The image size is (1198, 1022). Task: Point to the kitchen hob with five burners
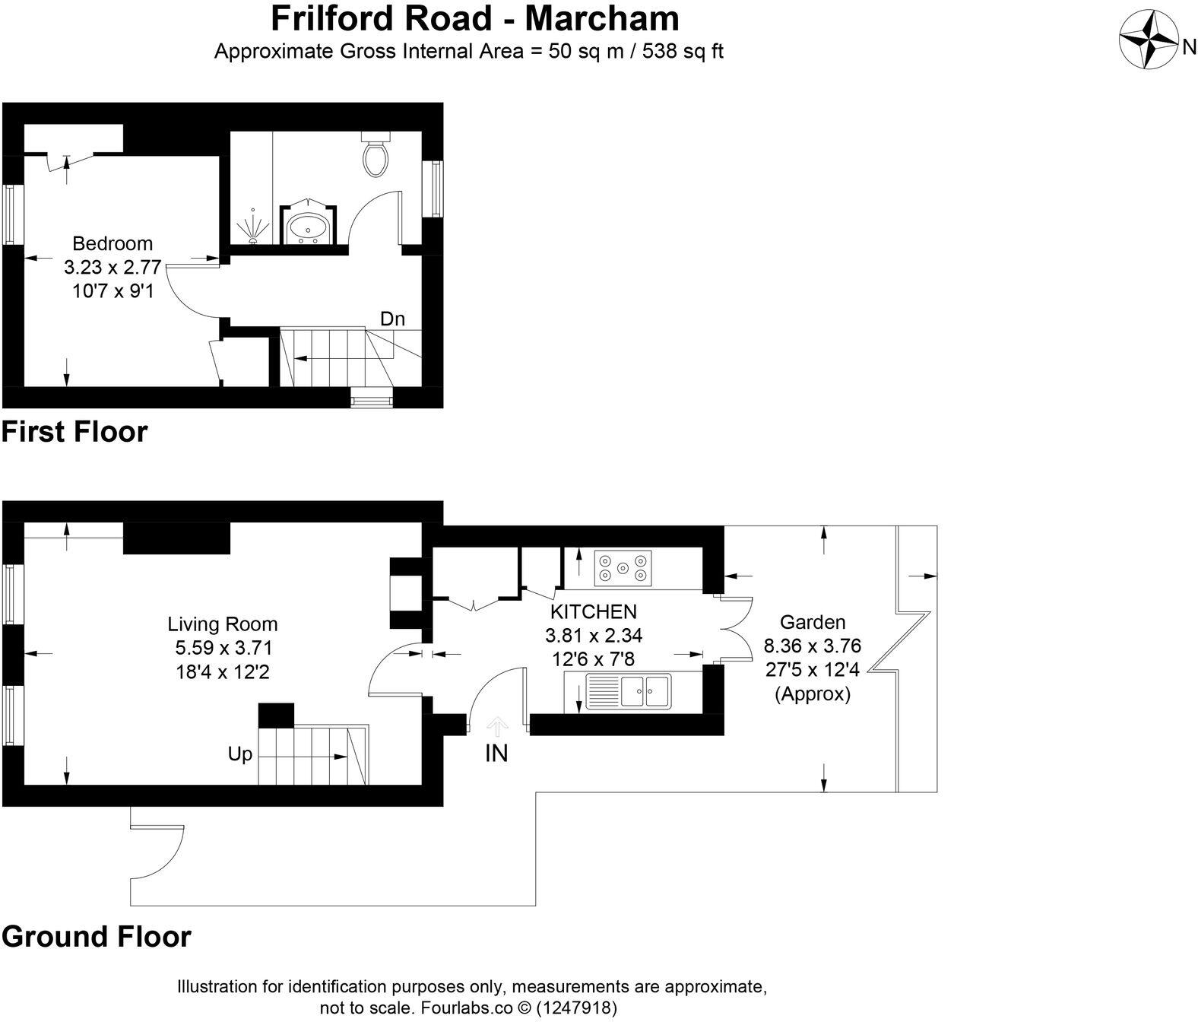tap(623, 568)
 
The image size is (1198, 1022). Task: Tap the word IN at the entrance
tap(496, 754)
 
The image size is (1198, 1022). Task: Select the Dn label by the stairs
tap(392, 319)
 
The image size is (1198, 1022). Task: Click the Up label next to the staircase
tap(239, 754)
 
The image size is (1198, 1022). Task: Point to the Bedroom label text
tap(113, 243)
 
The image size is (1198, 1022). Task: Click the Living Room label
tap(223, 624)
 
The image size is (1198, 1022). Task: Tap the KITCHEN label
tap(593, 611)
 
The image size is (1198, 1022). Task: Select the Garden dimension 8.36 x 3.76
tap(812, 646)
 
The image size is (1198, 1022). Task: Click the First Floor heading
tap(74, 431)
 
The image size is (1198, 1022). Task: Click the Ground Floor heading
tap(97, 936)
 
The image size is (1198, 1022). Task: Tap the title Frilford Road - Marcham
tap(475, 17)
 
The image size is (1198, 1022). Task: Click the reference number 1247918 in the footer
tap(576, 1008)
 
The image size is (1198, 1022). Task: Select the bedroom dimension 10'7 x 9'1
tap(113, 290)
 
